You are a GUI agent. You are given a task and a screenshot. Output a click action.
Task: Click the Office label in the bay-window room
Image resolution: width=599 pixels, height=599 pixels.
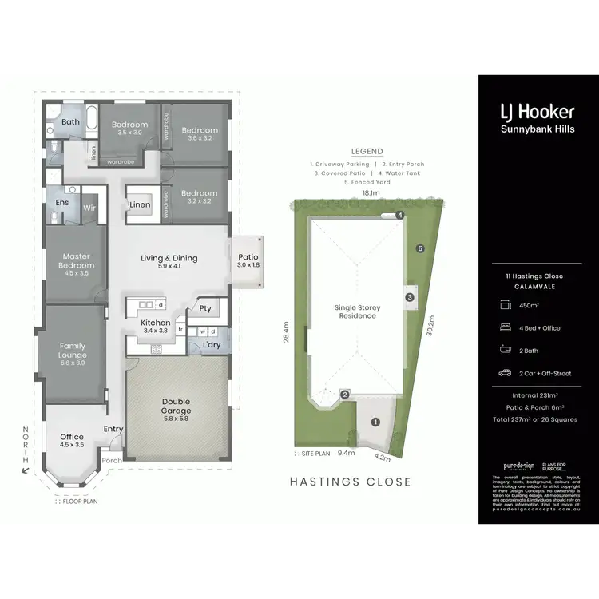point(72,437)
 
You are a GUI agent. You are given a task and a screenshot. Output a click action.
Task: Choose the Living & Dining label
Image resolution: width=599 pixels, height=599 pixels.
point(169,258)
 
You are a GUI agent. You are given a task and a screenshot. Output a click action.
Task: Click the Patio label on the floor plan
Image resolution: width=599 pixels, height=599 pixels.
point(248,257)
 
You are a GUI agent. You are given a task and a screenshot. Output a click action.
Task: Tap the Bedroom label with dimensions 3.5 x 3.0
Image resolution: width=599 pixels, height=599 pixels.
point(129,125)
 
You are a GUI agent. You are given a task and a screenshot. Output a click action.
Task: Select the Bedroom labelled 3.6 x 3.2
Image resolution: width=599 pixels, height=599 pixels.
point(199,130)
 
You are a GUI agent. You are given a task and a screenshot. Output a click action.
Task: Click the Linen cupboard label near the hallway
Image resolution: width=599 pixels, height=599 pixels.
point(140,205)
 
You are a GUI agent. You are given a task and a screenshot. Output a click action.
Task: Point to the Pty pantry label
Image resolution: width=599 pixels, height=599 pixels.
point(205,308)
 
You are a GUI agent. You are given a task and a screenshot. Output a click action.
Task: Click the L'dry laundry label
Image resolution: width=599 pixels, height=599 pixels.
point(212,344)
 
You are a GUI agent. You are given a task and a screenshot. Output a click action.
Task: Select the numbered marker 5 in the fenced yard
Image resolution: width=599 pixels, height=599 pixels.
point(419,248)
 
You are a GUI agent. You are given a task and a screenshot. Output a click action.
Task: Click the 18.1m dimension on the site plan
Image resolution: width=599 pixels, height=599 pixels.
point(371,192)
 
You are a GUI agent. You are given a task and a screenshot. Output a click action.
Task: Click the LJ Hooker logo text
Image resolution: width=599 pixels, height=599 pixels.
point(537,112)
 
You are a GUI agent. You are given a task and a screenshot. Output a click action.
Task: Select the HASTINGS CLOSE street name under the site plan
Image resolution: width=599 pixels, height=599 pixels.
point(350,482)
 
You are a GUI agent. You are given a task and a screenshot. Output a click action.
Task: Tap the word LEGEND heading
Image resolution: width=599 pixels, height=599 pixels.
point(367,152)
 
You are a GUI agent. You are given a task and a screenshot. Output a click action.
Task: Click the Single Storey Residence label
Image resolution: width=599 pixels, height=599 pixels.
point(357,311)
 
